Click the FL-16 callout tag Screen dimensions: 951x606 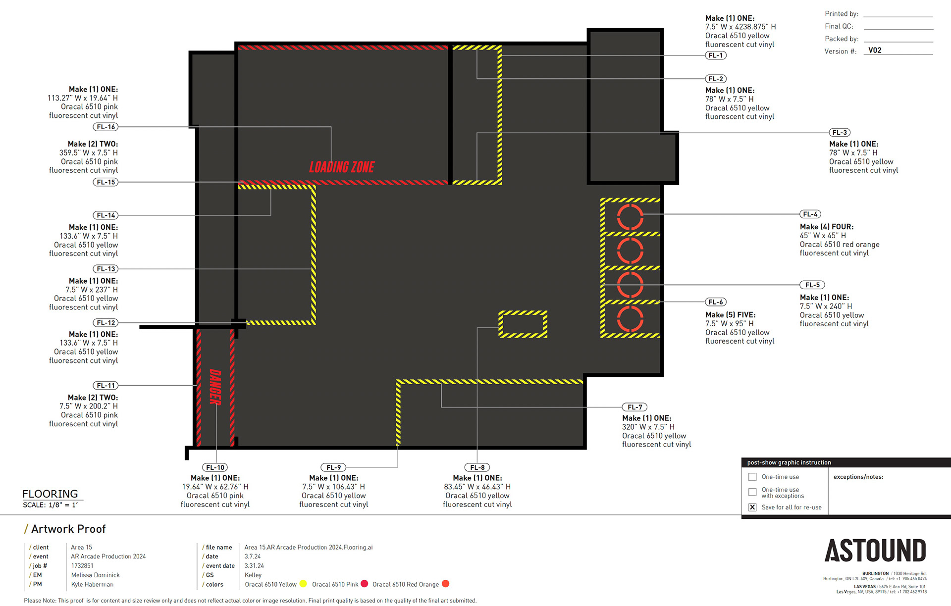tap(106, 127)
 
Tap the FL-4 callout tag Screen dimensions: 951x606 tap(810, 214)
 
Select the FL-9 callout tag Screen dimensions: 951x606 tap(333, 467)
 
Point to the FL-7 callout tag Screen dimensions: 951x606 tap(634, 407)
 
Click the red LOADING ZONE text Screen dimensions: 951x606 tap(342, 167)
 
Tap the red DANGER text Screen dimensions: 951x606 tap(215, 387)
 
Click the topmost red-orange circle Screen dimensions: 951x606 tap(630, 217)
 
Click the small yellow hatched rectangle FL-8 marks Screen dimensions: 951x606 tap(523, 324)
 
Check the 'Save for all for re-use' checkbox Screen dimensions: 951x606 tap(752, 507)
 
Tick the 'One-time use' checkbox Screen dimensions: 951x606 tap(752, 477)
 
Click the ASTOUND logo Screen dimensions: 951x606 tap(875, 551)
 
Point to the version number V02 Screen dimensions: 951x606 tap(875, 50)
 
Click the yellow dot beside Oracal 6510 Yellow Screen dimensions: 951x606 tap(303, 584)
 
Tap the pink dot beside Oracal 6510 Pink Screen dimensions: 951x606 tap(365, 584)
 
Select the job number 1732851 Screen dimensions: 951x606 tap(82, 566)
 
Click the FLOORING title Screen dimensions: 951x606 tap(50, 494)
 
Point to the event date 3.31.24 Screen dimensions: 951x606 tap(254, 566)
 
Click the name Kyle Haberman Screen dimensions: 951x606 tap(92, 585)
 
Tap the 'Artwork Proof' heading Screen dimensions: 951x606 tap(68, 529)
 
